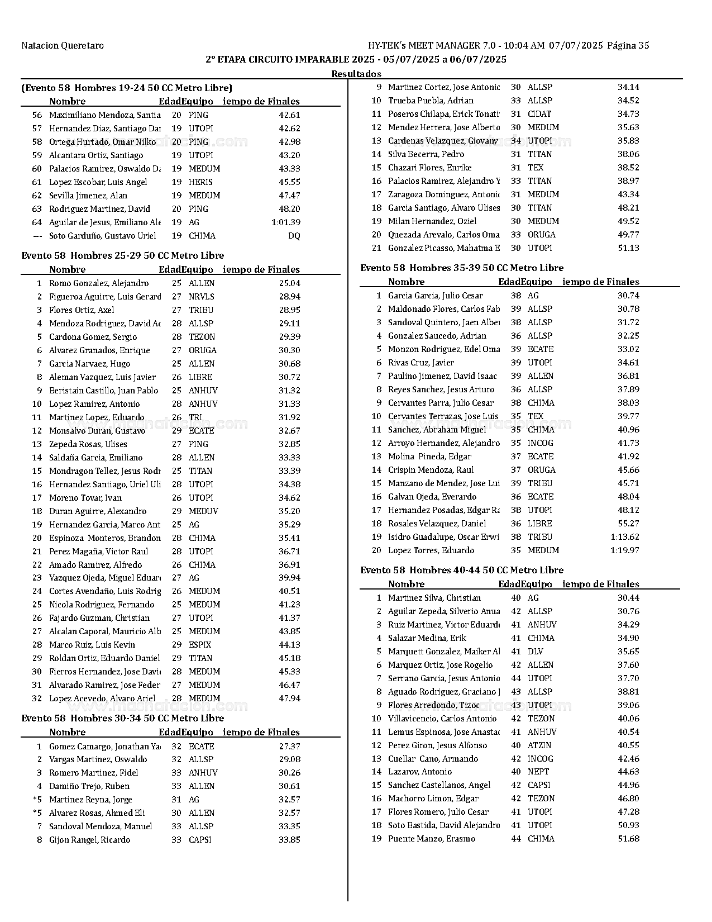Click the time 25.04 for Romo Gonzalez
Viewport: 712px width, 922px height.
click(x=289, y=283)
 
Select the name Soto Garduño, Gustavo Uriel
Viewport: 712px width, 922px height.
click(x=102, y=236)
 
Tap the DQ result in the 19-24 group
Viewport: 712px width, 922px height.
click(x=294, y=236)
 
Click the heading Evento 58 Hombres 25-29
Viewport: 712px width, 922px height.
click(x=122, y=256)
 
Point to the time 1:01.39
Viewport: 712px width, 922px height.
click(x=286, y=222)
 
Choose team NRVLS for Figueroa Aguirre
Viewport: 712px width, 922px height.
click(x=201, y=297)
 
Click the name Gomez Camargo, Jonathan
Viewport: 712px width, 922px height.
click(x=104, y=747)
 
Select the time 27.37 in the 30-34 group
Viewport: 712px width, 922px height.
click(x=289, y=747)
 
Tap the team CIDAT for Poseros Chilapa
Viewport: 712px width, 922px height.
click(x=539, y=114)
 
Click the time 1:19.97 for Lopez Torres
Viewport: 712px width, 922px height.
click(x=625, y=550)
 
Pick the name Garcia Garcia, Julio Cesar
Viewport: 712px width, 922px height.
click(x=435, y=296)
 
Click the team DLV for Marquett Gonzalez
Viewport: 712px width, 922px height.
click(x=535, y=652)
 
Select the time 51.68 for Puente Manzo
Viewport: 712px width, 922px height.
click(x=628, y=839)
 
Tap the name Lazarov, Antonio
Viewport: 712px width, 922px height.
click(x=419, y=772)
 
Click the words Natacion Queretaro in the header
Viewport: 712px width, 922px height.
click(x=63, y=46)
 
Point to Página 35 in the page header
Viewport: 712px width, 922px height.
click(x=628, y=46)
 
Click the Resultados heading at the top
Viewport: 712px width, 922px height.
click(x=356, y=74)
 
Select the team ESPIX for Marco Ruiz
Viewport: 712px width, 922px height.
click(x=199, y=645)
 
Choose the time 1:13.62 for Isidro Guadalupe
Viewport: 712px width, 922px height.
click(x=625, y=537)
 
